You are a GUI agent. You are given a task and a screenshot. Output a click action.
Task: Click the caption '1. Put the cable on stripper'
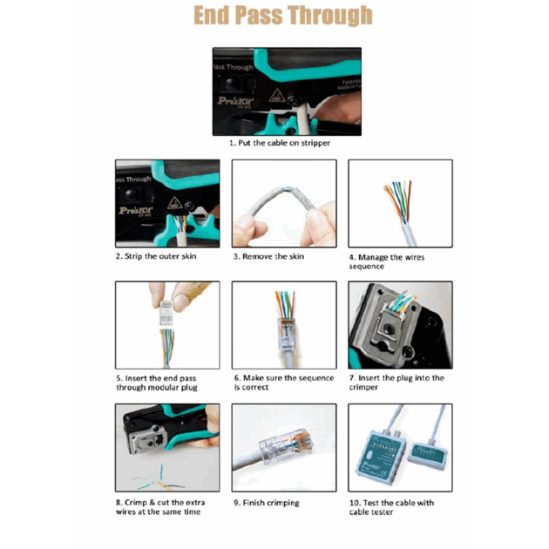(280, 143)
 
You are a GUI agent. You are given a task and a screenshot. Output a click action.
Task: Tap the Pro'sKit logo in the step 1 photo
(235, 101)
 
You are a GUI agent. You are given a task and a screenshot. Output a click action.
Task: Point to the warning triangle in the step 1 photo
(276, 96)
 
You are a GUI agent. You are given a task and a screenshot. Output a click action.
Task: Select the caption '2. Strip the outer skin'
(156, 256)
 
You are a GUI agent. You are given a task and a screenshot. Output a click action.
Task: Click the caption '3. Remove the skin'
(269, 257)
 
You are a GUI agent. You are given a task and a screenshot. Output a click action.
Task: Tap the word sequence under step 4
(367, 267)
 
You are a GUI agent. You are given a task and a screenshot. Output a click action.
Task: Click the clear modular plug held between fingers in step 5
(166, 312)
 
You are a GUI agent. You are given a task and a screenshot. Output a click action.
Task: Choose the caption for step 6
(284, 383)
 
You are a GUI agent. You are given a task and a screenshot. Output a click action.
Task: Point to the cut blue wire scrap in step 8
(161, 472)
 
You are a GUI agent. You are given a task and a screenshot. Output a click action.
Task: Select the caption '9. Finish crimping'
(267, 503)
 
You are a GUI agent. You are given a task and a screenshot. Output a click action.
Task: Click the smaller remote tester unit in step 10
(428, 454)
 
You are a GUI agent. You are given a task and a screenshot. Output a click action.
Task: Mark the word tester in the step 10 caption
(382, 512)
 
